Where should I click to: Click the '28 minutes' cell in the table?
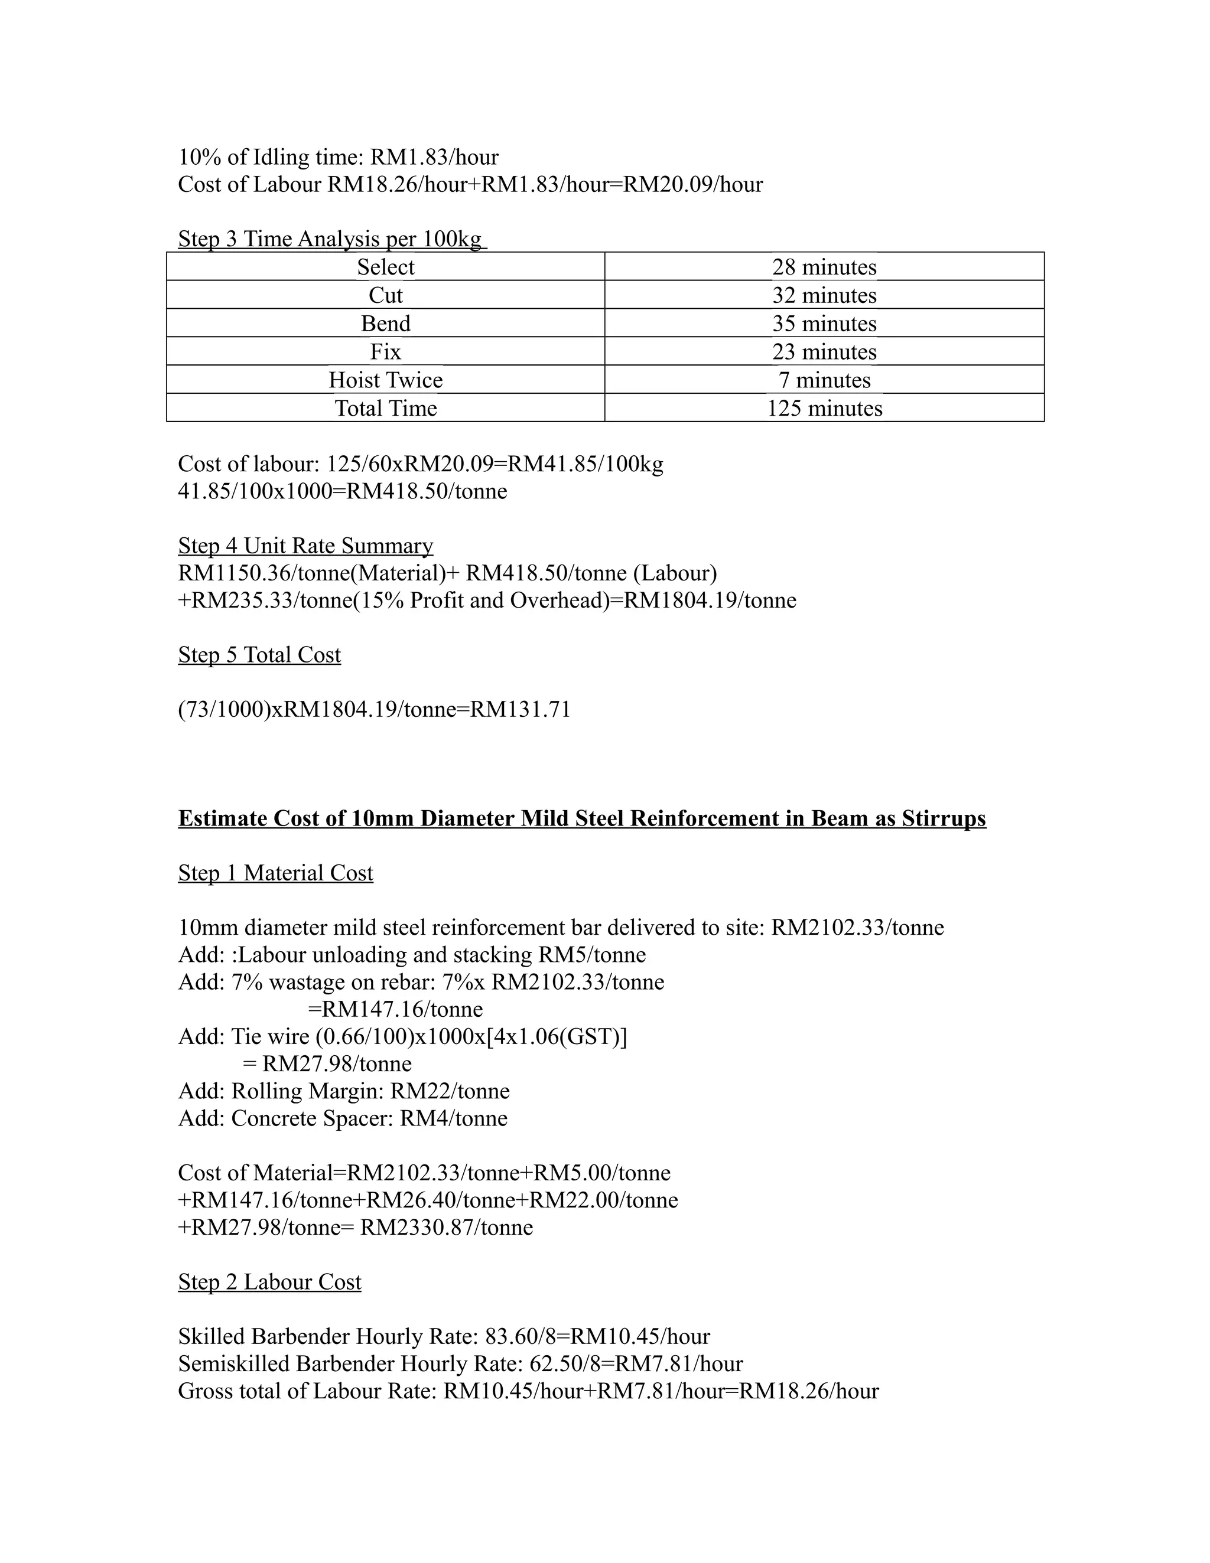pos(824,267)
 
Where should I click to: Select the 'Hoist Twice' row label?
pos(385,380)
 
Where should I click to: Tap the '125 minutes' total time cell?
pos(824,409)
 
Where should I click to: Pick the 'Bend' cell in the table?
pos(385,324)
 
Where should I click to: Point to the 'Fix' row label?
pos(385,352)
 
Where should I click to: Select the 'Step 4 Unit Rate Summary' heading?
pos(305,546)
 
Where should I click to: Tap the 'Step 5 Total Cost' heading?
pos(259,655)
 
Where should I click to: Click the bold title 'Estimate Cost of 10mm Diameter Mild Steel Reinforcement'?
pos(581,818)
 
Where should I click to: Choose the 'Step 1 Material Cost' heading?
pos(276,873)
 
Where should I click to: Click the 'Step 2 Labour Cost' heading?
pos(269,1282)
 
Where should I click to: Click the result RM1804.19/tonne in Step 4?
pos(710,600)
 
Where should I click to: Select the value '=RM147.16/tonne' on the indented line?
pos(395,1010)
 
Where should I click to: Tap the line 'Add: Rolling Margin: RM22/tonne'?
pos(344,1091)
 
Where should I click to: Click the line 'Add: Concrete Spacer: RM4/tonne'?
pos(342,1118)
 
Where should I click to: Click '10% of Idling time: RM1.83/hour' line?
pos(338,156)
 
